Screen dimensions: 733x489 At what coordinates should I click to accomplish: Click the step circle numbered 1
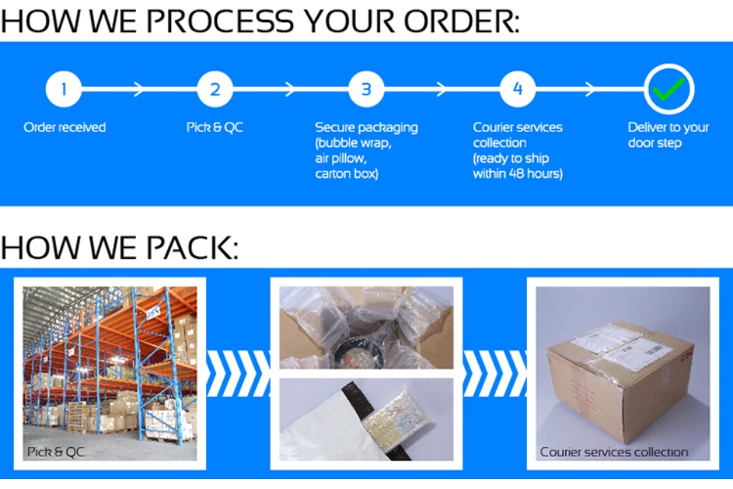tap(63, 89)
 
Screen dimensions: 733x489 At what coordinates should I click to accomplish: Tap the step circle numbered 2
tap(215, 89)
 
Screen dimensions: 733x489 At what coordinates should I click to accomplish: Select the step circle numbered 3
tap(366, 89)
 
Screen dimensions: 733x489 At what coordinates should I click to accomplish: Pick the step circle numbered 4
tap(518, 89)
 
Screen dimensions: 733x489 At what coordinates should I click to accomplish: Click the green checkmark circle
tap(669, 89)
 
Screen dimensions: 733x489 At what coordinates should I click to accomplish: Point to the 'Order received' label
tap(65, 128)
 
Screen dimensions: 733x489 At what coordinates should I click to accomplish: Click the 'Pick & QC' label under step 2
tap(215, 128)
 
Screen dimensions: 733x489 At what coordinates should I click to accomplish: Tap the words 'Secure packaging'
tap(366, 128)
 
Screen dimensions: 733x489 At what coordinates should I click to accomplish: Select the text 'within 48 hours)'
tap(518, 173)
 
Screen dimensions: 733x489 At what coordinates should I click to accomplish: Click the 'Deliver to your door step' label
tap(669, 134)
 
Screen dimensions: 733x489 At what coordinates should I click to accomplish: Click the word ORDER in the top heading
tap(461, 21)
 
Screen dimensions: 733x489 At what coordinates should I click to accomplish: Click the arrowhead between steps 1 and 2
tap(138, 89)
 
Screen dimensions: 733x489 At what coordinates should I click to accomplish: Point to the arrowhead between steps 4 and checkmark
tap(590, 89)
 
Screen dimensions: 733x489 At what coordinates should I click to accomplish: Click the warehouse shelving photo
tap(110, 374)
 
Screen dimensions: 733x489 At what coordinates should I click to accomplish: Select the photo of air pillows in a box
tap(366, 328)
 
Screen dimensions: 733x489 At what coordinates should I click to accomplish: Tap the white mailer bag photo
tap(366, 419)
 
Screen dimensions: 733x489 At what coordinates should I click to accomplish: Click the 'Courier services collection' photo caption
tap(614, 452)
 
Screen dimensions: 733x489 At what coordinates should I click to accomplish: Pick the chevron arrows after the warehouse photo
tap(238, 374)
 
